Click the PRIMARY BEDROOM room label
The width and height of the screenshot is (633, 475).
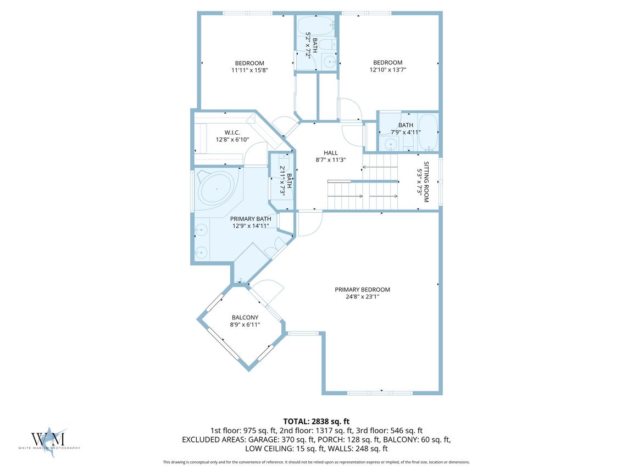(x=362, y=290)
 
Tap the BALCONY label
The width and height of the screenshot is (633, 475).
(x=245, y=317)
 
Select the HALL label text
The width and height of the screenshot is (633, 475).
(x=331, y=153)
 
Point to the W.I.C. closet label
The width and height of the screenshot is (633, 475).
(x=232, y=132)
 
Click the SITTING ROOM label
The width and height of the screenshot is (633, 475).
(x=426, y=182)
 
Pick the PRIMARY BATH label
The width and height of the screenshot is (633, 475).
(x=251, y=219)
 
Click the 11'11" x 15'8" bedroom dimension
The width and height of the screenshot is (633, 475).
(x=249, y=70)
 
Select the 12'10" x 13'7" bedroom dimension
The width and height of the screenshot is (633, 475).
(x=388, y=69)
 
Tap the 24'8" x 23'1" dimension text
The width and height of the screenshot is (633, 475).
(x=362, y=297)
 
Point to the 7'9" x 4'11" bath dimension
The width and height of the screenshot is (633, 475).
(x=406, y=132)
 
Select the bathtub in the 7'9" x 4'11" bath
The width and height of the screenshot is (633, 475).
(x=427, y=132)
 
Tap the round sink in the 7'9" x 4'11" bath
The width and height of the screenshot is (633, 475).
(x=390, y=144)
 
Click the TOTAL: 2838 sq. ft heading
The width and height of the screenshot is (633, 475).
(x=316, y=422)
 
